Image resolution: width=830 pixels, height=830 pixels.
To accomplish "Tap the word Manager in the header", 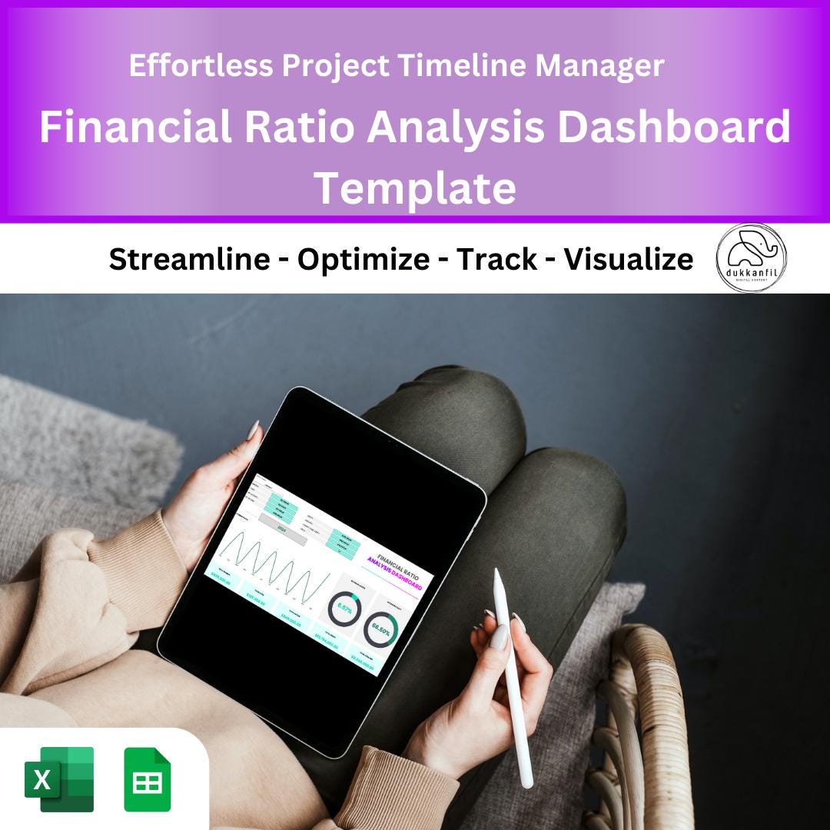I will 599,66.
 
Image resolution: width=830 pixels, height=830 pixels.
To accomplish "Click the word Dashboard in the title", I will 674,127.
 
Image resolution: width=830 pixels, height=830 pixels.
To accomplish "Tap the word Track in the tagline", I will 497,260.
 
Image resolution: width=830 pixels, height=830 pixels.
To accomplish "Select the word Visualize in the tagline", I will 628,260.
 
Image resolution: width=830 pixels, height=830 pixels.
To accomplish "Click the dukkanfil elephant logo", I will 751,258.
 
